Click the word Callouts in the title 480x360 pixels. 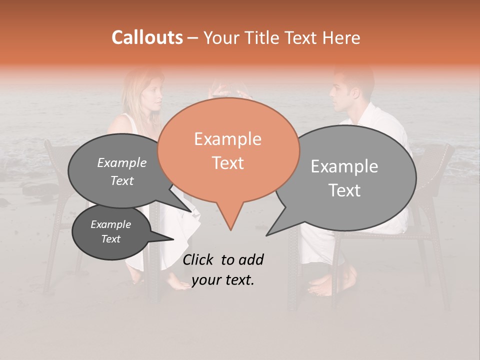coord(147,37)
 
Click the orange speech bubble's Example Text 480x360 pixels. coord(228,151)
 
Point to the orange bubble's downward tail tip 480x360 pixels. coord(230,230)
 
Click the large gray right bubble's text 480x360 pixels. coord(345,178)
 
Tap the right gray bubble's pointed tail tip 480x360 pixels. coord(266,235)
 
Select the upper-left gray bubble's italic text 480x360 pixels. coord(121,171)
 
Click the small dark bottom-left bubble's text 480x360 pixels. coord(110,231)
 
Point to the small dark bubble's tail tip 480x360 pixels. coord(173,239)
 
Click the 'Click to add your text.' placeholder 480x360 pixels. coord(223,270)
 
